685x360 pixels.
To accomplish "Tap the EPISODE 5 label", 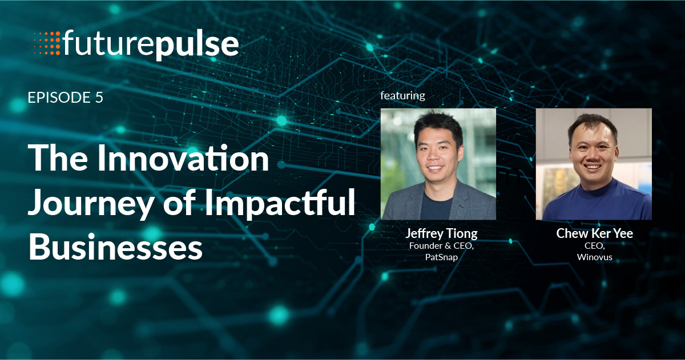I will tap(65, 98).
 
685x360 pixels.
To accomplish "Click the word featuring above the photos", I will tap(402, 95).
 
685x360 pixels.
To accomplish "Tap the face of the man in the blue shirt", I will tap(594, 151).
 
